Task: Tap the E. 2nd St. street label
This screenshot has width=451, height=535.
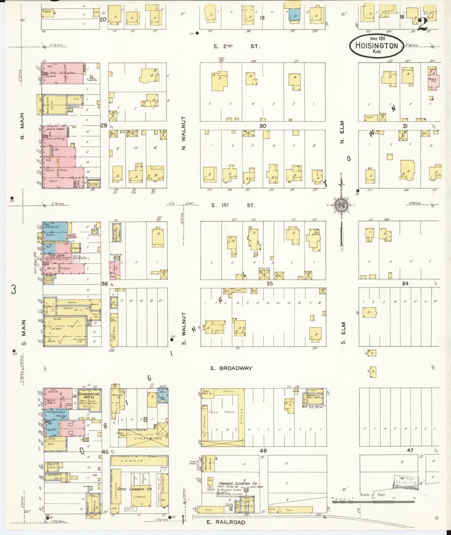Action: click(x=237, y=46)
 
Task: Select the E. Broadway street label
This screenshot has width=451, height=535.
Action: click(x=231, y=368)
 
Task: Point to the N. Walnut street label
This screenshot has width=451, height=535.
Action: click(x=183, y=133)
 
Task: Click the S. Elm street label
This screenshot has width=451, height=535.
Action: click(x=343, y=333)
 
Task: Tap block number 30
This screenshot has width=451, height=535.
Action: click(x=262, y=126)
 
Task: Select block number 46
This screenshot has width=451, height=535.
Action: click(x=263, y=451)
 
